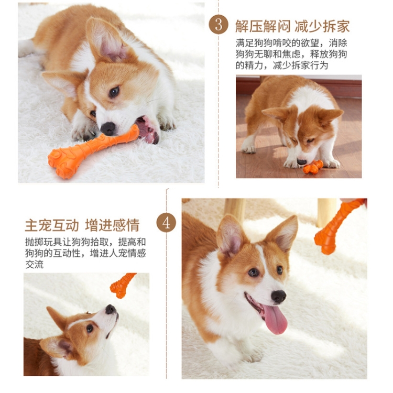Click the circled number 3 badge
point(219,25)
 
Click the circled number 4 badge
point(166,223)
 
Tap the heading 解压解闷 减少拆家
point(292,26)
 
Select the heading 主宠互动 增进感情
point(82,225)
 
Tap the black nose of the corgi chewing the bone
point(108,128)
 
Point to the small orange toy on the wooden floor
point(313,167)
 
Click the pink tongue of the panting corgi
point(275,319)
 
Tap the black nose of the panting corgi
point(278,297)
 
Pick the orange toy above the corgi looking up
point(122,285)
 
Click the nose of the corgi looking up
point(111,310)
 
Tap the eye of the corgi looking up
point(90,329)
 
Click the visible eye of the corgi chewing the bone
point(114,92)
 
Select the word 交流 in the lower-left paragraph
point(35,265)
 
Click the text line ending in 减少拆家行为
point(282,65)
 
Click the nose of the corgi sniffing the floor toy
point(301,162)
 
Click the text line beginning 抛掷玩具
point(85,242)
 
